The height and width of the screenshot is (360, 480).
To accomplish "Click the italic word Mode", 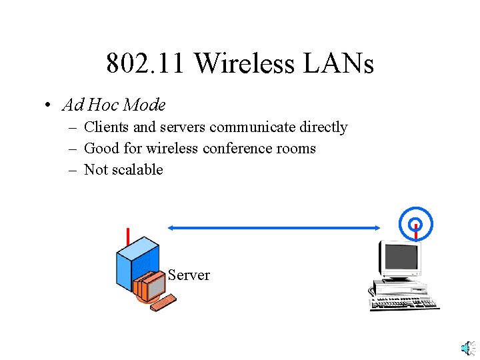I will pos(145,105).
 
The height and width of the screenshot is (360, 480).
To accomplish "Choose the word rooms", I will pos(295,148).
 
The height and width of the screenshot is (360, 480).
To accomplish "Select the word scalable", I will pos(137,169).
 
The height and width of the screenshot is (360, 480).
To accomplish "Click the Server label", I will pos(189,275).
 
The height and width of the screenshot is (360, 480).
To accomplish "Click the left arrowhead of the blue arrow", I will pos(171,228).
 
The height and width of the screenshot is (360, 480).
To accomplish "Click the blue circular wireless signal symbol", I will pos(416,222).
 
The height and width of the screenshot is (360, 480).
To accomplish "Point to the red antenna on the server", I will pos(127,237).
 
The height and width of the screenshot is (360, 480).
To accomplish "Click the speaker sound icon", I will pos(468,349).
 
